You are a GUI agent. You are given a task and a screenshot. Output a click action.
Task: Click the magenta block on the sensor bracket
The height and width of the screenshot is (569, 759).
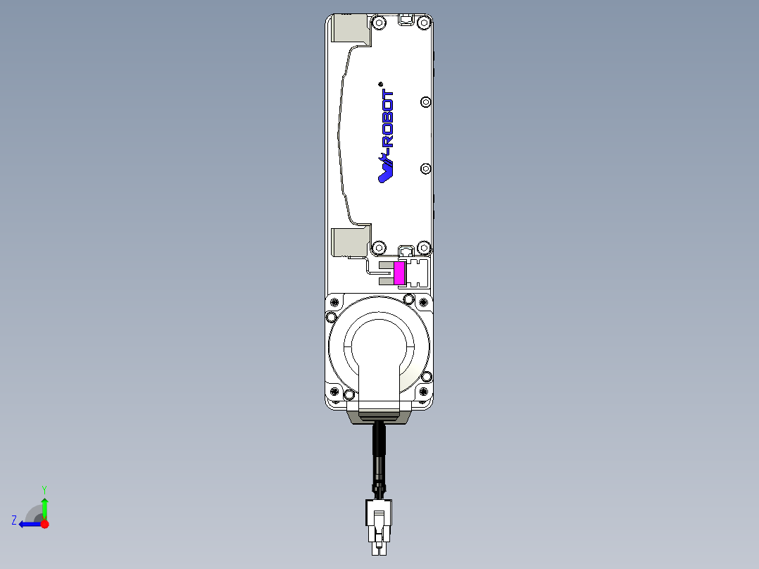[399, 273]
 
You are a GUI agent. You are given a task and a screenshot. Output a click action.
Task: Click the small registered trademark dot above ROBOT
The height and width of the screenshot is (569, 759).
[380, 83]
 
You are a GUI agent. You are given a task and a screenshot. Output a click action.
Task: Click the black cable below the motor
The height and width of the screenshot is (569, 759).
[379, 451]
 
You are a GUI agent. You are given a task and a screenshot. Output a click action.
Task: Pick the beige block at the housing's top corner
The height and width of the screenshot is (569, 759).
[351, 29]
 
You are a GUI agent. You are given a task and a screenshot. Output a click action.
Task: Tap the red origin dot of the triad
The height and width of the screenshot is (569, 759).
[44, 524]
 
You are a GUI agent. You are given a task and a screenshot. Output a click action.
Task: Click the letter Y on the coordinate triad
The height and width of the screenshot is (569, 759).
[44, 489]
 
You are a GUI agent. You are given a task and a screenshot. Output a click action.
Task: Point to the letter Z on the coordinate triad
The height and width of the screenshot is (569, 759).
[14, 520]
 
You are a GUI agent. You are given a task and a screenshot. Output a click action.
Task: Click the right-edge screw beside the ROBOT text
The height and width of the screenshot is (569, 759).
[425, 102]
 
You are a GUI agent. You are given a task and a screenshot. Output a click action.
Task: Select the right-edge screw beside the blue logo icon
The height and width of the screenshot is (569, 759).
[425, 168]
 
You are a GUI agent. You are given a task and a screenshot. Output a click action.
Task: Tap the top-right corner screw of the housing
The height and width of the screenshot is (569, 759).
[423, 23]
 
